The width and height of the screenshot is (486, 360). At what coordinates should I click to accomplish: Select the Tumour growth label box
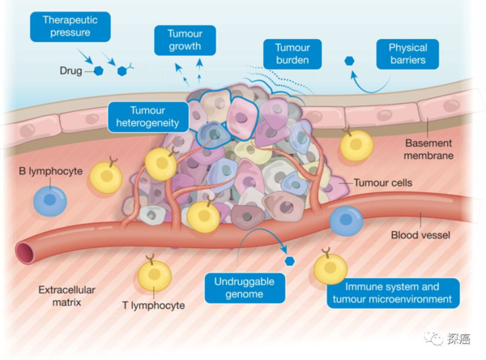pos(185,39)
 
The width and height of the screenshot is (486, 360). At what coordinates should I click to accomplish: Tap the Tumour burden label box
pos(292,54)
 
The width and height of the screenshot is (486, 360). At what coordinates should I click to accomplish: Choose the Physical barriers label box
pos(407,53)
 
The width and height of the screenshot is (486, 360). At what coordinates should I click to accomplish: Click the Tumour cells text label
pos(384,183)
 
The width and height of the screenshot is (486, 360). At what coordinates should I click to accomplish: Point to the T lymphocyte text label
pos(153,306)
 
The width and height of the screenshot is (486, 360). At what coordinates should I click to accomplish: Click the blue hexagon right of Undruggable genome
pos(289,260)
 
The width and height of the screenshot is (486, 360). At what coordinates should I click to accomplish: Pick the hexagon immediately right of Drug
pos(99,71)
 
